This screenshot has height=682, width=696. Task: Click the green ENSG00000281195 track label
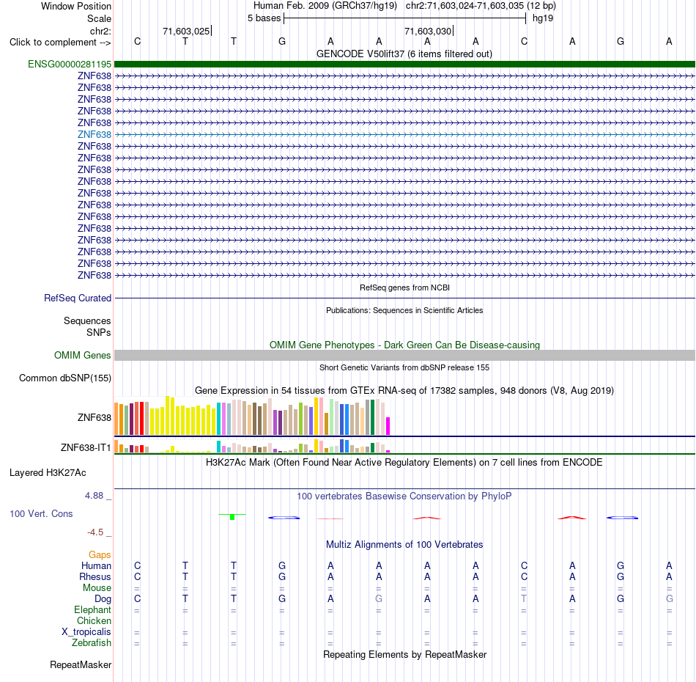(x=70, y=64)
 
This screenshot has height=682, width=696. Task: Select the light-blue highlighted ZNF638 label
(x=94, y=135)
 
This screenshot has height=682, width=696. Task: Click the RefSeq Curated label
(x=78, y=298)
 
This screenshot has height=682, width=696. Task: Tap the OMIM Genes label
(x=83, y=355)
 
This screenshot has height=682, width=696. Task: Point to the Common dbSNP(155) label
(x=65, y=378)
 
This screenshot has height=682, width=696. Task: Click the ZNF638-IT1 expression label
(x=86, y=447)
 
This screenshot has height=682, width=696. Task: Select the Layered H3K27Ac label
(x=48, y=473)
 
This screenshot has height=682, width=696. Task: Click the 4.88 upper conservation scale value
(x=94, y=496)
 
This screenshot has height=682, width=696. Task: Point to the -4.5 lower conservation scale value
(x=95, y=532)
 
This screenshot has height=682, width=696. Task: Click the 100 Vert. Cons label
(x=41, y=513)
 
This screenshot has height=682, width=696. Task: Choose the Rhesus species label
(x=95, y=576)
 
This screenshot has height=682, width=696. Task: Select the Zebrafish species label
(x=92, y=643)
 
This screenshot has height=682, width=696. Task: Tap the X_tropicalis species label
(x=86, y=632)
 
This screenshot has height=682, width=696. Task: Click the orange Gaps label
(x=100, y=554)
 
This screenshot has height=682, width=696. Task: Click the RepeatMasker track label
(x=81, y=664)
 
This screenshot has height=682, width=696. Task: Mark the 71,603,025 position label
(x=186, y=31)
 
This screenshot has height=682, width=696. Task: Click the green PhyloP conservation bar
(x=232, y=517)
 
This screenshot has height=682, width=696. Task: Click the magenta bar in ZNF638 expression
(x=388, y=425)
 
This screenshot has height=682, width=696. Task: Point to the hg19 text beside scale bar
(x=543, y=18)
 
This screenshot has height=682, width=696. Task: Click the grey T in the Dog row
(x=524, y=598)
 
